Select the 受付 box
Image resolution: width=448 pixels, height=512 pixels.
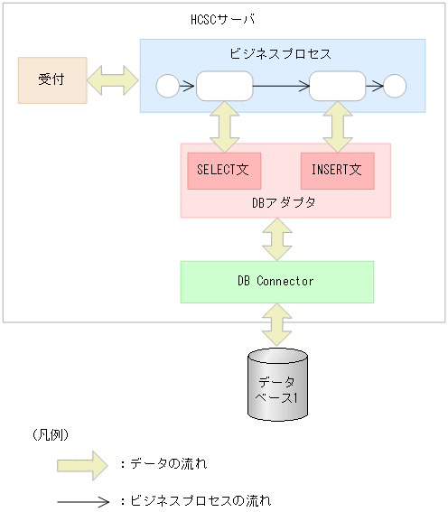click(52, 80)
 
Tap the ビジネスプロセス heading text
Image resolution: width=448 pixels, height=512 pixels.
click(282, 54)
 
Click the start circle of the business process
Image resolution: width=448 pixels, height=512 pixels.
click(168, 87)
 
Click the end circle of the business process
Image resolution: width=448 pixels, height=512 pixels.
click(395, 87)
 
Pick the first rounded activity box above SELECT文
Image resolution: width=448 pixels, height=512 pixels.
click(224, 87)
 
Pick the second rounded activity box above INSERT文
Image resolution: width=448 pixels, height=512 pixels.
click(337, 87)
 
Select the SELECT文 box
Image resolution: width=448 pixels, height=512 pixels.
click(223, 170)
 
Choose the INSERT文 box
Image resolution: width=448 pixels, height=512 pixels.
click(337, 170)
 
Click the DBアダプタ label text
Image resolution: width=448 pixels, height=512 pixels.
click(284, 203)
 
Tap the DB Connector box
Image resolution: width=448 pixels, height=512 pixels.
click(276, 282)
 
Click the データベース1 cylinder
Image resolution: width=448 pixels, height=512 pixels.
click(277, 385)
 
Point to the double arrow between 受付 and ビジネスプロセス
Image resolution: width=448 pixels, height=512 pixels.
click(113, 80)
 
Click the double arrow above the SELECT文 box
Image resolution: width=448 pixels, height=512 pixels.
click(223, 126)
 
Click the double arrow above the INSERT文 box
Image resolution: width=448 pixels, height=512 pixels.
click(338, 126)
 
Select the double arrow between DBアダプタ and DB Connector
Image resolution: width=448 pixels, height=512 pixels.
click(277, 239)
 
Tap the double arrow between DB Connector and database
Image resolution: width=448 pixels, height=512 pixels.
click(277, 323)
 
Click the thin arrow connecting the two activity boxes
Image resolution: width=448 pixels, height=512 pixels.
click(280, 87)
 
